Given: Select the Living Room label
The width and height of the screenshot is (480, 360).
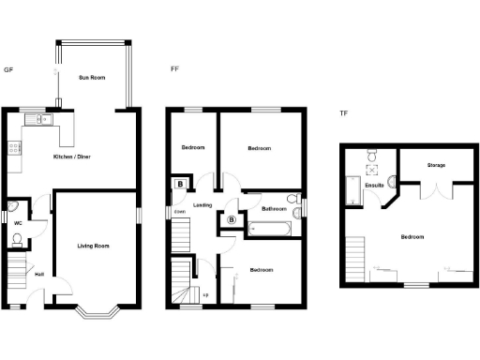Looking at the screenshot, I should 94,246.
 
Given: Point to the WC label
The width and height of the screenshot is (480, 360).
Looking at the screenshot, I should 18,223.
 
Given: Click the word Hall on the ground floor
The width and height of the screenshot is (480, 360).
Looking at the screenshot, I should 39,274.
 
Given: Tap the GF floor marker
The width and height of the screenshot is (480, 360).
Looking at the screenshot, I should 8,69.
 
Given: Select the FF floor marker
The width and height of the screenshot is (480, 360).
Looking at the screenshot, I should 174,69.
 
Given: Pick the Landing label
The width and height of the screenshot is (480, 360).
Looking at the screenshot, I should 202,204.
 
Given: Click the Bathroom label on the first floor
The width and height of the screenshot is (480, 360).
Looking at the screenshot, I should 274,208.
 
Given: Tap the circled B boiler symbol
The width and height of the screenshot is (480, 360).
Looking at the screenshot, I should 231,220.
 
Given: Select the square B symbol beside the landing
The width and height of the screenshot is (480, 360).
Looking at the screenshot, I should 179,185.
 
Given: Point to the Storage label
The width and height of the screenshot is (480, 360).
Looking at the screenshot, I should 436,165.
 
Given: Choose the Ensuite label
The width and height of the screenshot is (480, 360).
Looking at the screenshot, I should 374,186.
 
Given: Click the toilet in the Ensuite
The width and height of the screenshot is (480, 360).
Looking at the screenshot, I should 372,155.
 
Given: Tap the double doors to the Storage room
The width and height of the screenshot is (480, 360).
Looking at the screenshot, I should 437,190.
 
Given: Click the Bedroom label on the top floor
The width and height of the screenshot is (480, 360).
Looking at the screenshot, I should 412,237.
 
